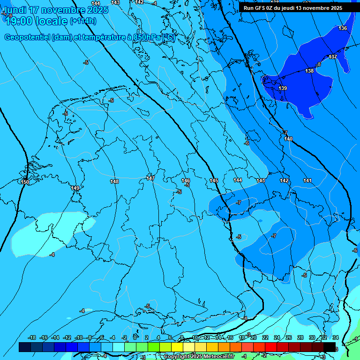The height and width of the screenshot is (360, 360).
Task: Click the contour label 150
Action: pos(25,182)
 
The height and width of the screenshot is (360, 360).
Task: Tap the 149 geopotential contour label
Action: pos(75,188)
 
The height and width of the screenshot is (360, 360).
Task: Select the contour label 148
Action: pos(114,181)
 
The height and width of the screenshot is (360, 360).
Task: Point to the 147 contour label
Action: pos(150,178)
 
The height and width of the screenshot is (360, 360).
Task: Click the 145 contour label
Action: pos(214,180)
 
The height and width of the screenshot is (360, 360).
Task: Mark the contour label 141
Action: pos(307,180)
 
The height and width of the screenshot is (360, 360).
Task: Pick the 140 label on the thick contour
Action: pos(288,139)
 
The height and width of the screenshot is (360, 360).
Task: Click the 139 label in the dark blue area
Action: pos(283,88)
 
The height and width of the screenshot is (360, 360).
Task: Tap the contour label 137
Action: pos(333,57)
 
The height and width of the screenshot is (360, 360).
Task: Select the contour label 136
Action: pos(343,29)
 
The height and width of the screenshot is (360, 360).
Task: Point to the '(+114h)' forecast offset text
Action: pos(83,21)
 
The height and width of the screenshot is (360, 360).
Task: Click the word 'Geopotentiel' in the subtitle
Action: pos(27,37)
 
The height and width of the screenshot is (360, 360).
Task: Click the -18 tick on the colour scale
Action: pos(32,337)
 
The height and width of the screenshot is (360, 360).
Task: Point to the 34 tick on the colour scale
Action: pos(335,337)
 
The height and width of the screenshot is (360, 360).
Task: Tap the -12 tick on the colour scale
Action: pos(67,337)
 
